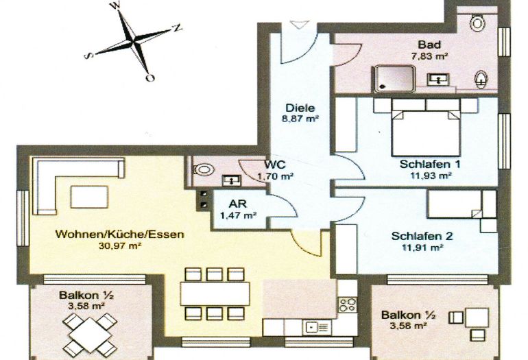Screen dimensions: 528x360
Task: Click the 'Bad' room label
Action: (x=429, y=45)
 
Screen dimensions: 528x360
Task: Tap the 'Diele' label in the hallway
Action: (x=300, y=108)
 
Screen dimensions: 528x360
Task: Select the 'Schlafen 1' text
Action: (x=430, y=165)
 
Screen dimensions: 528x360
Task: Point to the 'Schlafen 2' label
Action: (x=422, y=236)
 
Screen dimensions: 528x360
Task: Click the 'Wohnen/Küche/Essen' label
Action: (x=120, y=234)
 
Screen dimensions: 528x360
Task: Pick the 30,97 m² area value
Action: (x=119, y=246)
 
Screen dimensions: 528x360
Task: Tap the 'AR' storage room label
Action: (x=238, y=204)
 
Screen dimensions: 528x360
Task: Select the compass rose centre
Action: (x=134, y=42)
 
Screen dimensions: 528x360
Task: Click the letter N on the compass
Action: (x=177, y=28)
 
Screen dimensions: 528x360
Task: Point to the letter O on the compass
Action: (x=150, y=77)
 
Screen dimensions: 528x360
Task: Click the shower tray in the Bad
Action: (x=393, y=79)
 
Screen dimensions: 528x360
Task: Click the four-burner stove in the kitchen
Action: (x=348, y=304)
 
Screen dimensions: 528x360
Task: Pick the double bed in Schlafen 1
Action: (x=426, y=128)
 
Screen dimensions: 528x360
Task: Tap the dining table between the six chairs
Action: (x=215, y=294)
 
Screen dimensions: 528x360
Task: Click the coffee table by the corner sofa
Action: (x=89, y=197)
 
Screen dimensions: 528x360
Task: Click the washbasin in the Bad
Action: (x=438, y=80)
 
